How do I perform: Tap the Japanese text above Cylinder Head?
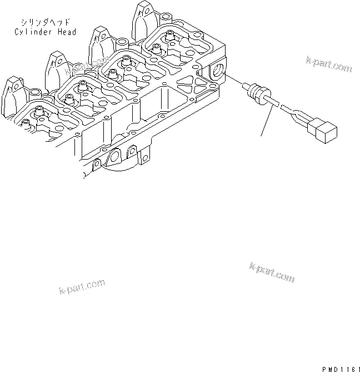point(42,23)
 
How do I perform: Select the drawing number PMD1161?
point(339,368)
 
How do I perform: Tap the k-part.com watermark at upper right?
point(329,65)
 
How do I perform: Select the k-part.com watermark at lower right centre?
point(272,272)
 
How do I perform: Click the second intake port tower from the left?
point(57,66)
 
